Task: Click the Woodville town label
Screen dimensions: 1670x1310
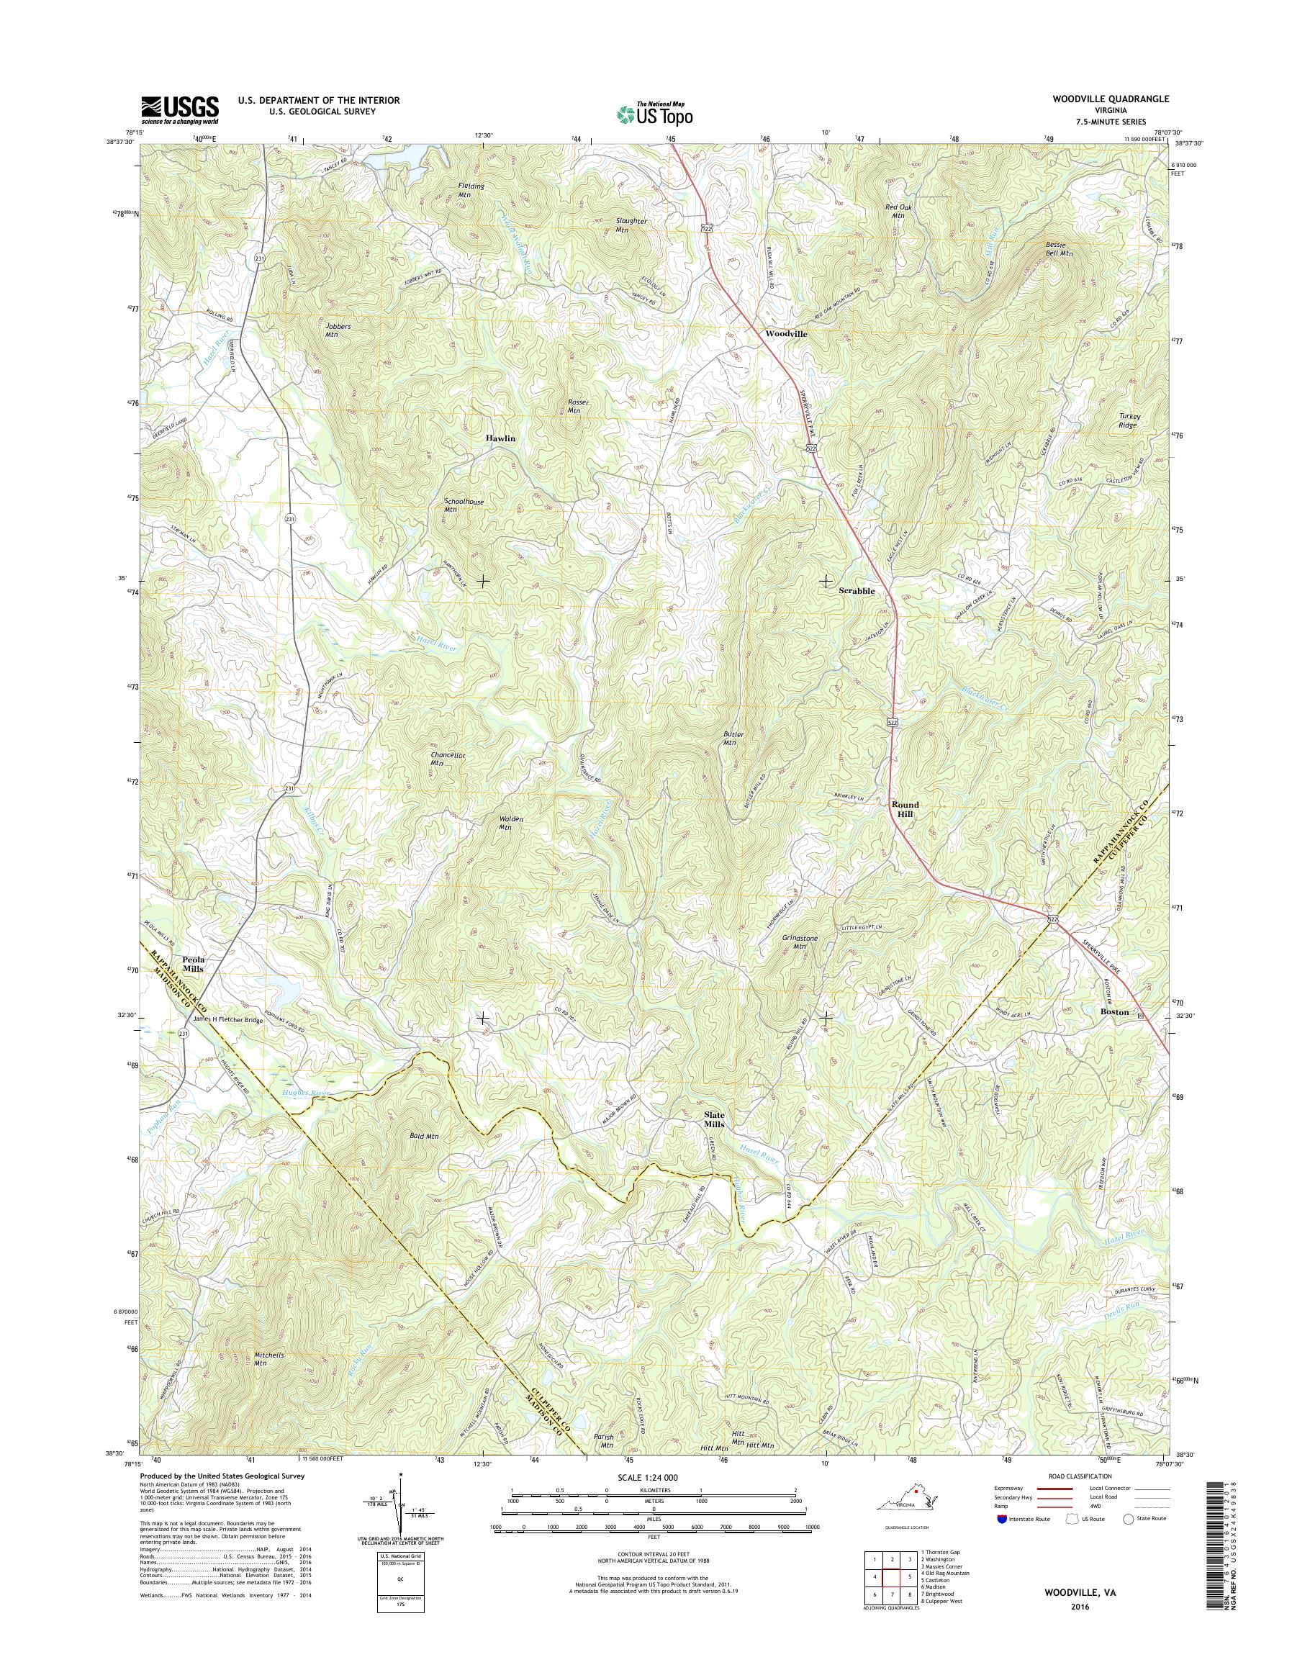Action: [786, 335]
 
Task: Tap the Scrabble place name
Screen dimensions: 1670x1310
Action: [857, 592]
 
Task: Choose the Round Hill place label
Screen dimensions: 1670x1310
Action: [905, 809]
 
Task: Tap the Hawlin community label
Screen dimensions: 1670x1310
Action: [500, 438]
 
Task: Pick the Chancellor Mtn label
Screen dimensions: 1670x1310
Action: [448, 759]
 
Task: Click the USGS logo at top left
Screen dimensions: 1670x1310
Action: [179, 109]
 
